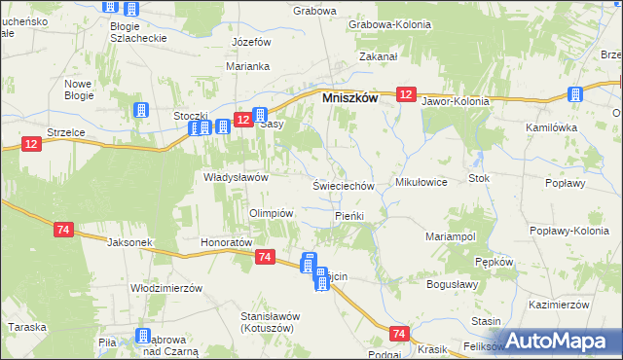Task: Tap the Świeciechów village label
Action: [344, 185]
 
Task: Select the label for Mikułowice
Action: [421, 182]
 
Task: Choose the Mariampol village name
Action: [450, 236]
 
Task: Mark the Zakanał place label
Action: [379, 57]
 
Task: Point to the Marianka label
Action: [247, 66]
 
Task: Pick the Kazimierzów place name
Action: [561, 304]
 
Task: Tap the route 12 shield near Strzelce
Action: [31, 144]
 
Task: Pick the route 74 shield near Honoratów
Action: [265, 256]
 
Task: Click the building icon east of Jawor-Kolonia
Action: [575, 94]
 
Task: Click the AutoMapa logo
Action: [562, 341]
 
